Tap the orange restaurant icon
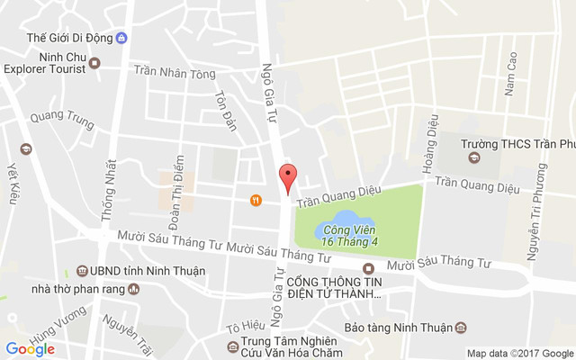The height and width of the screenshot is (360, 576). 256,200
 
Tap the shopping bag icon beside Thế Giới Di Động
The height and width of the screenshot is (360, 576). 121,38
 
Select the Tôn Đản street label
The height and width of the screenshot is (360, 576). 225,111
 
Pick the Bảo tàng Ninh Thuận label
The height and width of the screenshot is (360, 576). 401,328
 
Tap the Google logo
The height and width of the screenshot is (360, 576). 30,349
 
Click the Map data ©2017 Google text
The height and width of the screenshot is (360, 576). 519,353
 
